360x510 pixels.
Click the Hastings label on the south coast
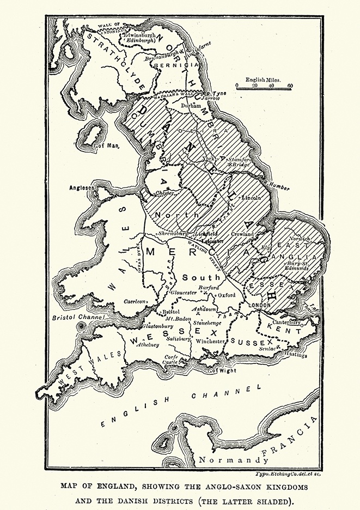point(295,355)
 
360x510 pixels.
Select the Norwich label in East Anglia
point(300,239)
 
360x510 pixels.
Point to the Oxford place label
point(227,295)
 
